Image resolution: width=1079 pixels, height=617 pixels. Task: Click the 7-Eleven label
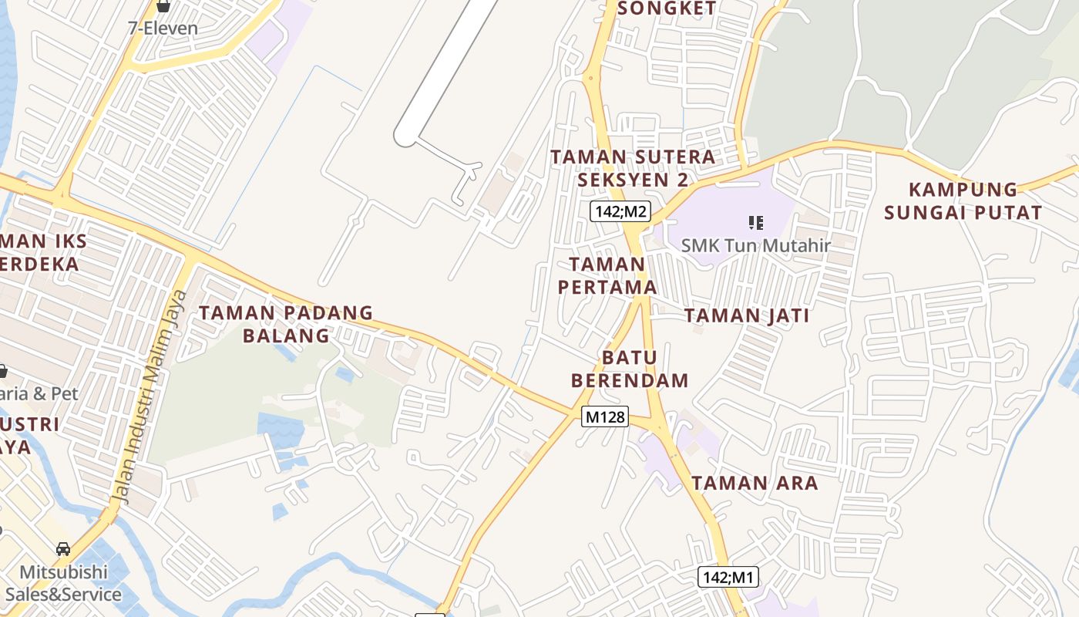point(163,29)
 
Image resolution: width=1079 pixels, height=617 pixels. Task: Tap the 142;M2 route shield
point(620,211)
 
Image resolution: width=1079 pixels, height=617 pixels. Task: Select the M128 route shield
point(605,416)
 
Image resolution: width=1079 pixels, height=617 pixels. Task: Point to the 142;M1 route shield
point(728,577)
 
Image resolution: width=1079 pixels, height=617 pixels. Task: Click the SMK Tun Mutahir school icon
point(755,223)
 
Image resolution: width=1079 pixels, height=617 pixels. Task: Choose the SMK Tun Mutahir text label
point(755,246)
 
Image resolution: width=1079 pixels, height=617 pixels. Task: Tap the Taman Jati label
point(747,315)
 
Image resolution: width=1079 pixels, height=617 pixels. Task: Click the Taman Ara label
point(755,484)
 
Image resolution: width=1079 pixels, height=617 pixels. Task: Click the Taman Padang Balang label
point(286,324)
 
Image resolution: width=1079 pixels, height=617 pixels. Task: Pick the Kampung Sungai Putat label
point(963,201)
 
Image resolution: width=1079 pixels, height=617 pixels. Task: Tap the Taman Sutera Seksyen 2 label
point(633,167)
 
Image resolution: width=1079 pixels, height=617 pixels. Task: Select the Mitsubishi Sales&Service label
point(63,583)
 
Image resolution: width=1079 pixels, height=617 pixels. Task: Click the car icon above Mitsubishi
point(63,549)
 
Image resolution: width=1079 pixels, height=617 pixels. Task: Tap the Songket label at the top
point(667,8)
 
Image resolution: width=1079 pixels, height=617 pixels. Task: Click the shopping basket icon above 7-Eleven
point(163,6)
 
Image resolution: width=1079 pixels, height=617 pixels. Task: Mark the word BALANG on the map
point(286,335)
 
